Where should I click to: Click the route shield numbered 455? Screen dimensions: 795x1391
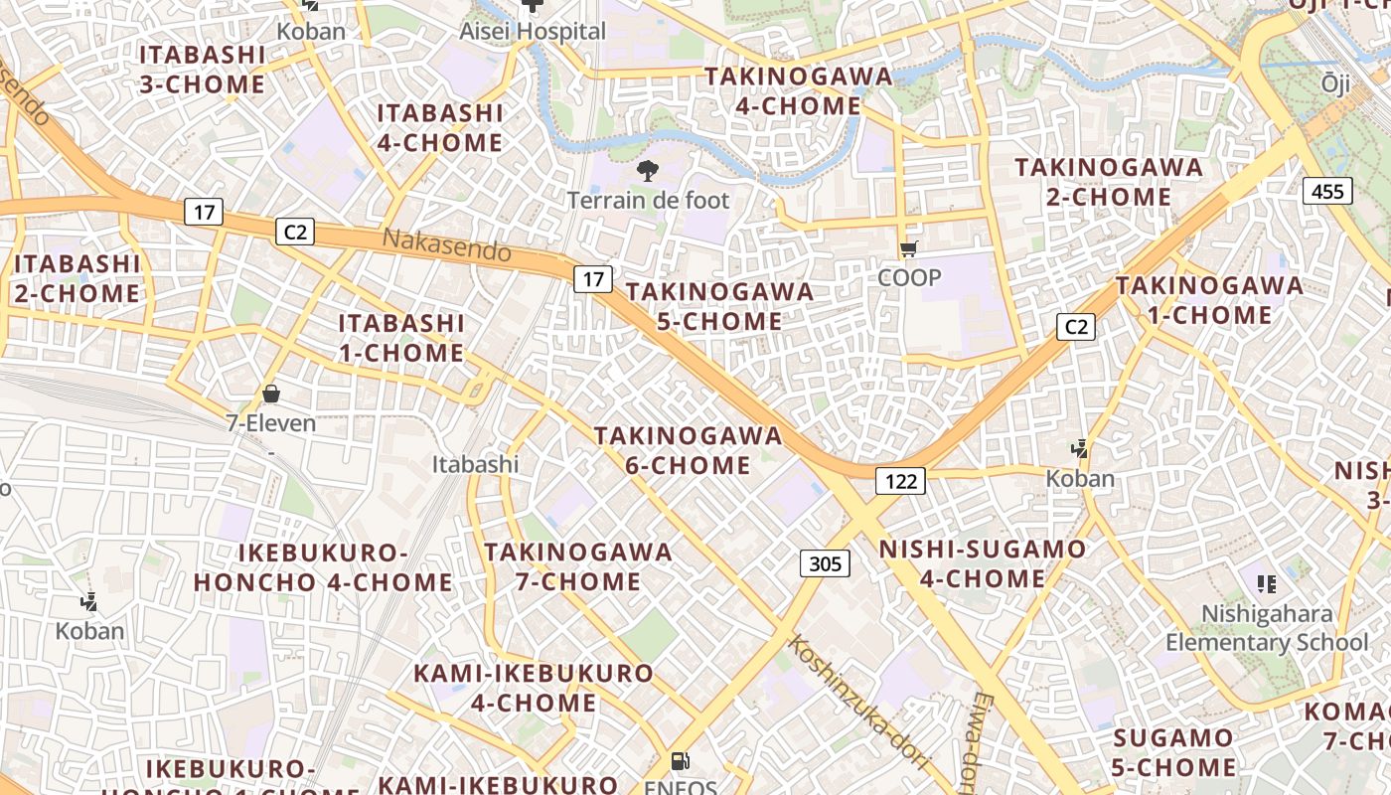point(1327,191)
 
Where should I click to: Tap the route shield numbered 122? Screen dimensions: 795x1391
point(900,482)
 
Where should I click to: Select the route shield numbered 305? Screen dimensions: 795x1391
point(825,564)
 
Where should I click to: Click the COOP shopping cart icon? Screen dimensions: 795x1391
point(908,249)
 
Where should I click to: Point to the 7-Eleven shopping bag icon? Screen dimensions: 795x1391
point(270,395)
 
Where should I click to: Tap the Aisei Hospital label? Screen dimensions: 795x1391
point(533,32)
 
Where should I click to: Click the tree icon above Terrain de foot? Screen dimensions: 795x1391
point(648,170)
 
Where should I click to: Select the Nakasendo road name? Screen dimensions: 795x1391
point(446,244)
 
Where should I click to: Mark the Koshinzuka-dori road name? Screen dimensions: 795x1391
point(858,702)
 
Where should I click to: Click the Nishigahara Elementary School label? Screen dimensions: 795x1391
point(1267,628)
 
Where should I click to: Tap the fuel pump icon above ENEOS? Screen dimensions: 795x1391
point(681,762)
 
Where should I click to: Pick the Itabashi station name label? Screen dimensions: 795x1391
point(475,464)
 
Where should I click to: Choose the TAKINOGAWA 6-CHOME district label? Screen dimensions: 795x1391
point(688,451)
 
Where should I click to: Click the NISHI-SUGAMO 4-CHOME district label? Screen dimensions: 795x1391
point(983,563)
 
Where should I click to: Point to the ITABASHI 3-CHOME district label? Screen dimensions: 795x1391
point(203,70)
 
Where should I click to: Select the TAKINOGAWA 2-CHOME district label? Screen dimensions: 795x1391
point(1109,182)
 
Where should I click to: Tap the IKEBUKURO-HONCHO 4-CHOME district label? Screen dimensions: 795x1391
point(324,567)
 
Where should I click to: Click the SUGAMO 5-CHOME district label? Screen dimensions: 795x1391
point(1173,752)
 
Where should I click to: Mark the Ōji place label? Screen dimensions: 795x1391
point(1335,84)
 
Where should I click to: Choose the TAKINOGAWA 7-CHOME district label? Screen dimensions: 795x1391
point(578,566)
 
